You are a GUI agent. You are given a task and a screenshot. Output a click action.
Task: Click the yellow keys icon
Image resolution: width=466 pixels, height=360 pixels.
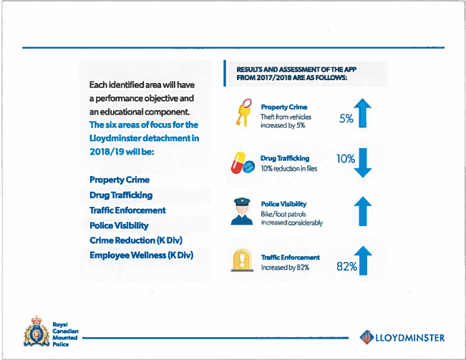pos(243,113)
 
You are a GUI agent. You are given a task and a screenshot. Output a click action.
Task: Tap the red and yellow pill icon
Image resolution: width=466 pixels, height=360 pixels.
pos(243,163)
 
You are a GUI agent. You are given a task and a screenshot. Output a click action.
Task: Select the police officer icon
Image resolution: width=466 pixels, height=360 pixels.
pos(242,212)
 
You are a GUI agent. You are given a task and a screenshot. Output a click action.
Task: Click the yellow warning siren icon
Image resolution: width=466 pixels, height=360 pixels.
pos(242,261)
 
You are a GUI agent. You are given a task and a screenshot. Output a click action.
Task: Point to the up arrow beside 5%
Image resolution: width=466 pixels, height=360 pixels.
pos(363,113)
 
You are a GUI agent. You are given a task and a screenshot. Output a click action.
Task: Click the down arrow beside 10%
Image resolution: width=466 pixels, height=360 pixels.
pos(363,162)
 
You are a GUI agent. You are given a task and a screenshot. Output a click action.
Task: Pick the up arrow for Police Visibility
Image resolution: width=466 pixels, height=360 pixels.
pos(363,211)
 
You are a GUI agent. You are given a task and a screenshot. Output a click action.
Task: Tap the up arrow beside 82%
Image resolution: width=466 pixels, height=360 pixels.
pos(363,261)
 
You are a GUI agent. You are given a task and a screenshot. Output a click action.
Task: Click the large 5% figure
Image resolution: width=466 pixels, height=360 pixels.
pos(346,119)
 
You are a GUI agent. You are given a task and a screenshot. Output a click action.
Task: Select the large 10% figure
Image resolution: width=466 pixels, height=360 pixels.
pos(346,159)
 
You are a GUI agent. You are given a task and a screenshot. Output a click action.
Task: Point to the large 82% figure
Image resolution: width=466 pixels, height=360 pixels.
pos(347,266)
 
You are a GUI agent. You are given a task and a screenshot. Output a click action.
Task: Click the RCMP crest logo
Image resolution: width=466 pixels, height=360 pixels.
pos(37,332)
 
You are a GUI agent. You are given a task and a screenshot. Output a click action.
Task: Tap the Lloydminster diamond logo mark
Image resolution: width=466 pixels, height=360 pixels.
pos(367,337)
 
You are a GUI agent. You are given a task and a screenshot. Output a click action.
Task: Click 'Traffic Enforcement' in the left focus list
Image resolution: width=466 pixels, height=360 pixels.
pos(127,210)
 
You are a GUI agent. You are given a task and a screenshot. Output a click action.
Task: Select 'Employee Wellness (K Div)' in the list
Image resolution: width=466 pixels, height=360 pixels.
pos(142,255)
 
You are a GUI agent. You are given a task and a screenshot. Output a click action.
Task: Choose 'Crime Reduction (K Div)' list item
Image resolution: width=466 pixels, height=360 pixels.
pos(136,240)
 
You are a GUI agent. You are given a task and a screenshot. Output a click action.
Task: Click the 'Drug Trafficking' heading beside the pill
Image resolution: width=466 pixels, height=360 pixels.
pos(285,158)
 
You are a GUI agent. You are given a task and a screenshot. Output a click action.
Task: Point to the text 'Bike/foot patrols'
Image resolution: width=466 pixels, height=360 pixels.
pos(283,214)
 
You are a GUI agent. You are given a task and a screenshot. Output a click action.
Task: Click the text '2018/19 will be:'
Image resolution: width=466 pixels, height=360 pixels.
pos(122,152)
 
